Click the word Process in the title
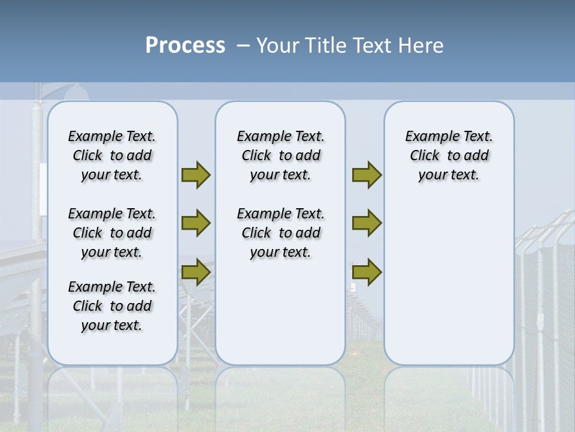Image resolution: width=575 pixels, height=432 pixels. pyautogui.click(x=185, y=46)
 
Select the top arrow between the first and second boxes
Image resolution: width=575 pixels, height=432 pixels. pyautogui.click(x=195, y=175)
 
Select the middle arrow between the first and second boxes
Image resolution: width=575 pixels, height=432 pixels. pyautogui.click(x=195, y=223)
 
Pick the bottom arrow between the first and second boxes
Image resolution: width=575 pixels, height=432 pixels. pyautogui.click(x=195, y=272)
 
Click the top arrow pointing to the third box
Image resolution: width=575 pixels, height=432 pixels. pyautogui.click(x=367, y=175)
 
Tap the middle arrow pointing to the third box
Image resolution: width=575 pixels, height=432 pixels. pyautogui.click(x=367, y=223)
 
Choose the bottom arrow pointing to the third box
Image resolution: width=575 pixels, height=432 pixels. pyautogui.click(x=367, y=272)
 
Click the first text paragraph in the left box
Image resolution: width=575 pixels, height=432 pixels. pyautogui.click(x=112, y=155)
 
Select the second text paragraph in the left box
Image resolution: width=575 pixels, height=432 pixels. pyautogui.click(x=112, y=233)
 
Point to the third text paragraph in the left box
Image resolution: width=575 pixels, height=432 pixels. pyautogui.click(x=112, y=306)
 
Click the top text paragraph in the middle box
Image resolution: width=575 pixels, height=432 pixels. pyautogui.click(x=280, y=155)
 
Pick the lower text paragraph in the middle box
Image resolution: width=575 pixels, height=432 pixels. pyautogui.click(x=280, y=233)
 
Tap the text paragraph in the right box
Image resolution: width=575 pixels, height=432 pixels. pyautogui.click(x=449, y=155)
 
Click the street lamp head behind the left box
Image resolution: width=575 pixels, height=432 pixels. pyautogui.click(x=76, y=92)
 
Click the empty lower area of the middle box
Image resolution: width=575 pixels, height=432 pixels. pyautogui.click(x=280, y=312)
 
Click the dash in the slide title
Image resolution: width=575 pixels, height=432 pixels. pyautogui.click(x=243, y=46)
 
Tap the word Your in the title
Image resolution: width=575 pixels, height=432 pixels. pyautogui.click(x=279, y=46)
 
